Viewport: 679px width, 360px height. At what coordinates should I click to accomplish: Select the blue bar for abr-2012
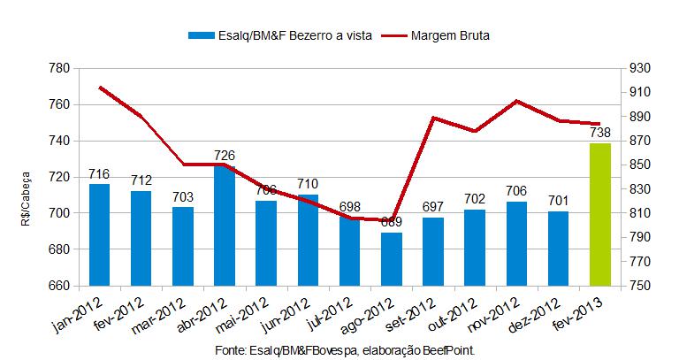(225, 226)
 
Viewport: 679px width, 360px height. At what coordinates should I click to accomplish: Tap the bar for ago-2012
(392, 259)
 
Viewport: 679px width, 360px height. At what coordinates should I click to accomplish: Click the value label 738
(599, 133)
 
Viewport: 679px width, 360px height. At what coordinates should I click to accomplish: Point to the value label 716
(99, 174)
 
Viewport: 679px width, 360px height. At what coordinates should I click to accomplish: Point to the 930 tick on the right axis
(638, 68)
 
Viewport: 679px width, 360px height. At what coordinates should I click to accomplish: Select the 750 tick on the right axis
(638, 286)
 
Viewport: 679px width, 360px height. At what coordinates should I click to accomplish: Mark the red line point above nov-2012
(516, 101)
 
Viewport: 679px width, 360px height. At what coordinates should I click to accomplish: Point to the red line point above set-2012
(433, 118)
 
